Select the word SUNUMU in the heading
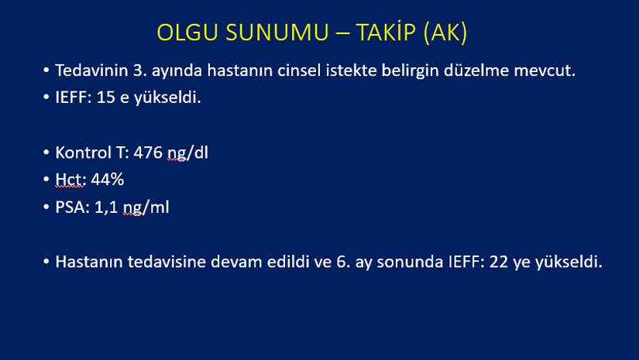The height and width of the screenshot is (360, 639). [277, 33]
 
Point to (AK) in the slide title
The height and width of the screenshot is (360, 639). [445, 33]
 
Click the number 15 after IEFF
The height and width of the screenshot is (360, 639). [105, 98]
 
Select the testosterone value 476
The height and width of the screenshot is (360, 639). [148, 153]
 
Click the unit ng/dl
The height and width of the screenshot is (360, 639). [187, 153]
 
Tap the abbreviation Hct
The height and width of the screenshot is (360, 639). [70, 180]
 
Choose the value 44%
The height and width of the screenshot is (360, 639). [107, 180]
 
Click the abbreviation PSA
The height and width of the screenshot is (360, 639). [72, 207]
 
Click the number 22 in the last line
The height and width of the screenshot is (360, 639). [498, 262]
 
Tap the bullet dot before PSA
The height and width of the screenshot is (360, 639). [46, 207]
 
